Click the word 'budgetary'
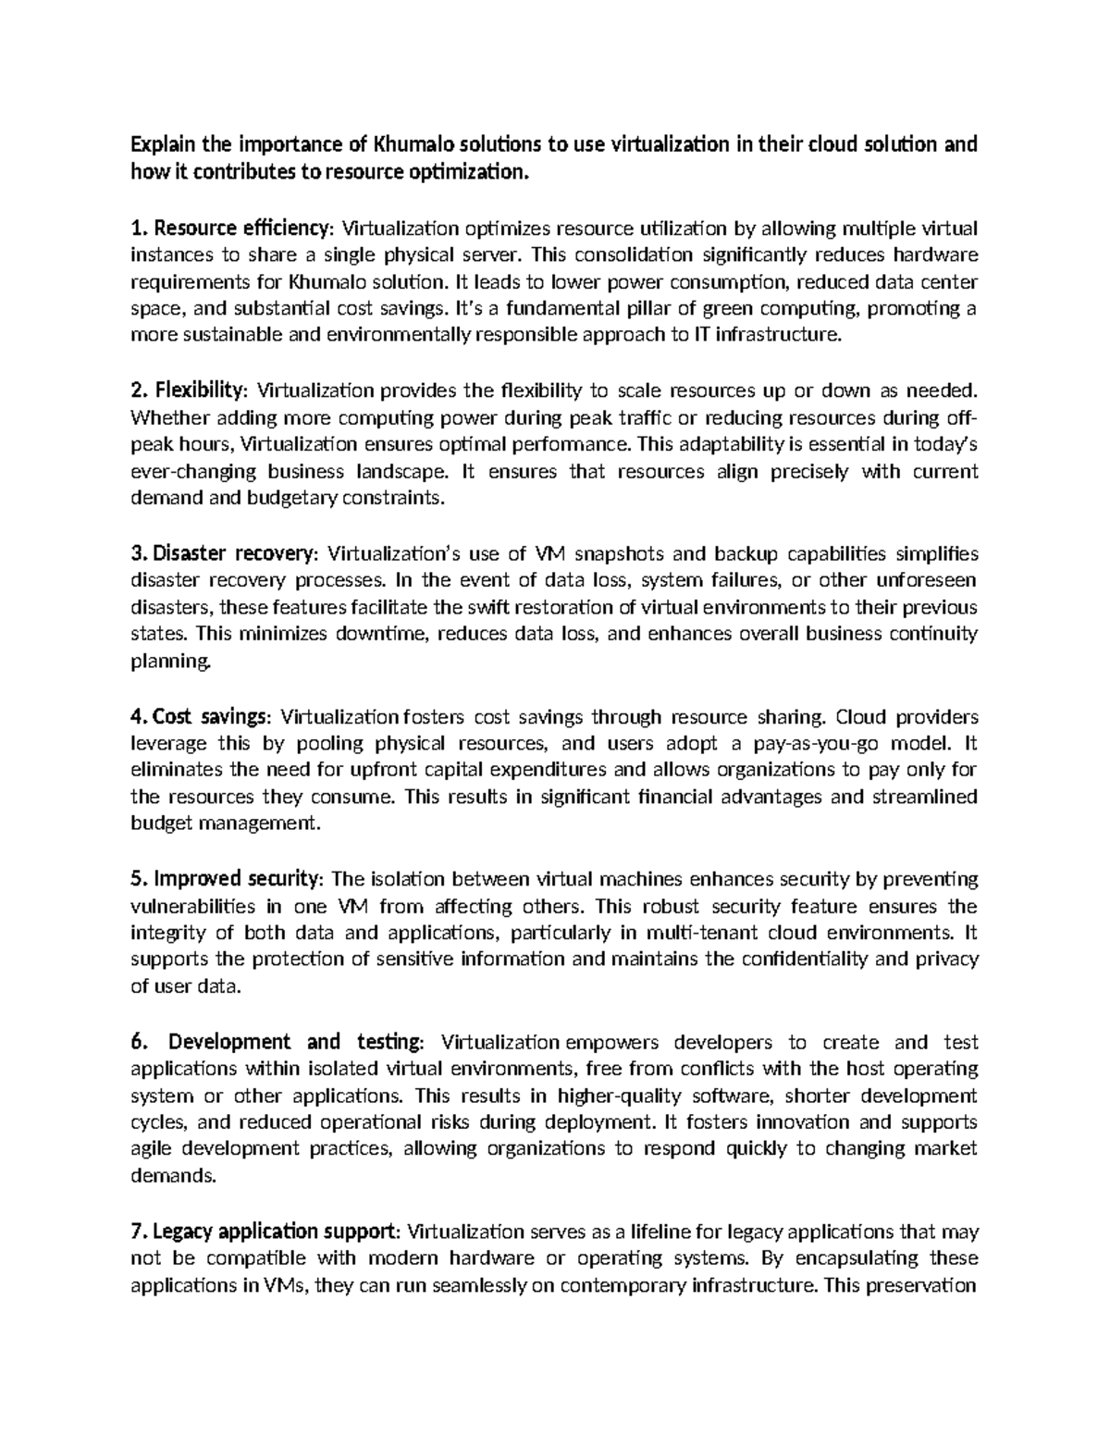click(x=294, y=499)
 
